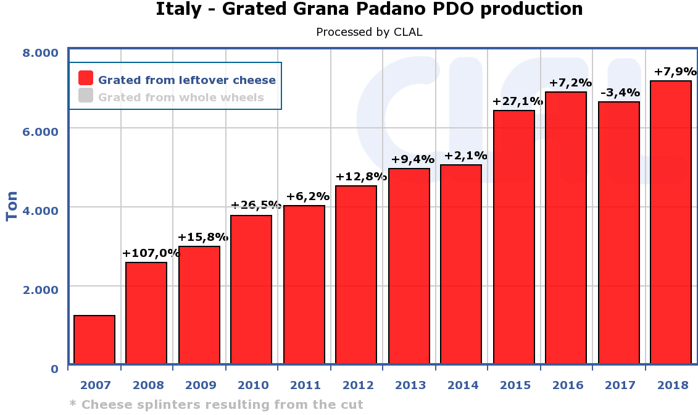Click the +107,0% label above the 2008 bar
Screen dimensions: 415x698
151,253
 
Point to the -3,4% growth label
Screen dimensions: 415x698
620,93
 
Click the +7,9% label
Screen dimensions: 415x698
675,72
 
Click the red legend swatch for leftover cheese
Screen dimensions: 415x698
86,78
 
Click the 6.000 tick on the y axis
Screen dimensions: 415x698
41,132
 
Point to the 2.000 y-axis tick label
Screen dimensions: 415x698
41,290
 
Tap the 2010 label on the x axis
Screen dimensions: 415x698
252,385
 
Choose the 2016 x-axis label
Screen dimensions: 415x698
568,385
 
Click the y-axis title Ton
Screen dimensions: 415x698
12,206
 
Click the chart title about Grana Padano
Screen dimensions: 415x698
369,10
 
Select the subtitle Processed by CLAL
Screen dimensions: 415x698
369,32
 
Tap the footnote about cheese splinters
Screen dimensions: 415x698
217,405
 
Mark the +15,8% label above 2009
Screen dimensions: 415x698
203,237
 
